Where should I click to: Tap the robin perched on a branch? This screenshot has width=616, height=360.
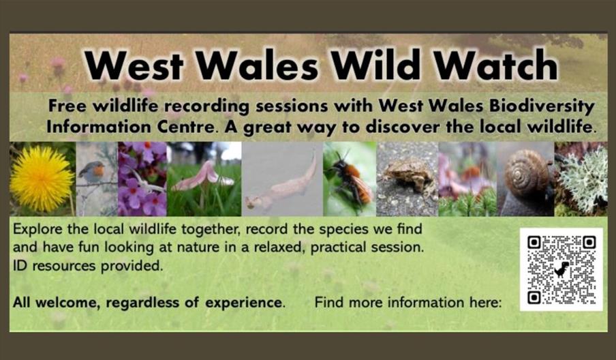[x=93, y=172]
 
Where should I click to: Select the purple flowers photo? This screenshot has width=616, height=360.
[x=142, y=179]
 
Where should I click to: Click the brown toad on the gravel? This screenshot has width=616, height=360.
[x=407, y=176]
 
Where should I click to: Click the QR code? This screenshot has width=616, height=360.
[x=561, y=269]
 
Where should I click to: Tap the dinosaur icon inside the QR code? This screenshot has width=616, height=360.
[x=561, y=269]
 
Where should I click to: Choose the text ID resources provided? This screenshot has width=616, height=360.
[x=88, y=267]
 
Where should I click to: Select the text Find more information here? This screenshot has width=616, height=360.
[x=407, y=302]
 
